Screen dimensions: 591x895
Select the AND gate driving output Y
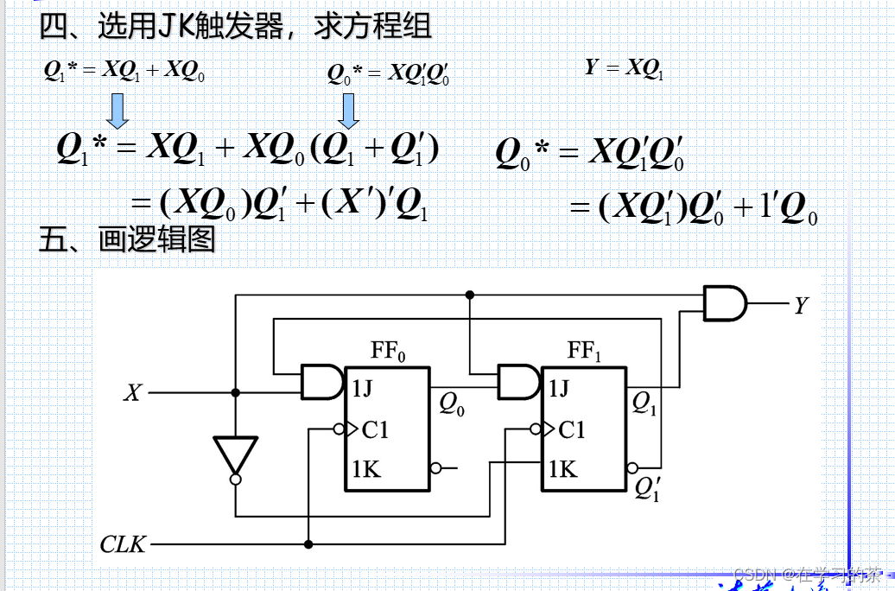click(725, 304)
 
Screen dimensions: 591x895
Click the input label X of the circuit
click(132, 393)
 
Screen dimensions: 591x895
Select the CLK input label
click(123, 545)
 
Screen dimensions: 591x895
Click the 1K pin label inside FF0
click(367, 469)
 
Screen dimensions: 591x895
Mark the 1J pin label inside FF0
click(363, 389)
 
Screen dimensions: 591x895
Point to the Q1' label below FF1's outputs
click(646, 489)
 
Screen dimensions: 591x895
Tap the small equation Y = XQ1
click(625, 68)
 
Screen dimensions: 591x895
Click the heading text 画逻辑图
click(156, 240)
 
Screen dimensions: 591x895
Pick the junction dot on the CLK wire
click(308, 544)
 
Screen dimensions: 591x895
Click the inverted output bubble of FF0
click(436, 468)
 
